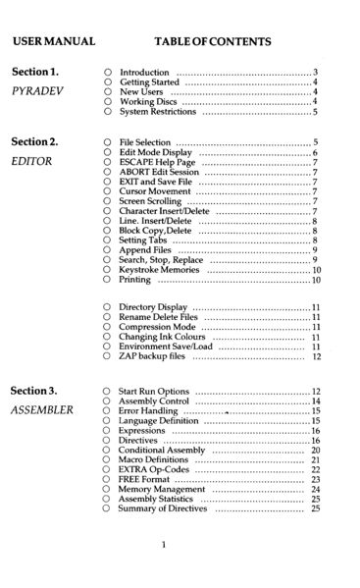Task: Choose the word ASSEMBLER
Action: tap(42, 410)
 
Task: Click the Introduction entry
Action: tap(144, 73)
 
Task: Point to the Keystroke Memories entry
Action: tap(159, 269)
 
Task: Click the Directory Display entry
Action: tap(157, 308)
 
